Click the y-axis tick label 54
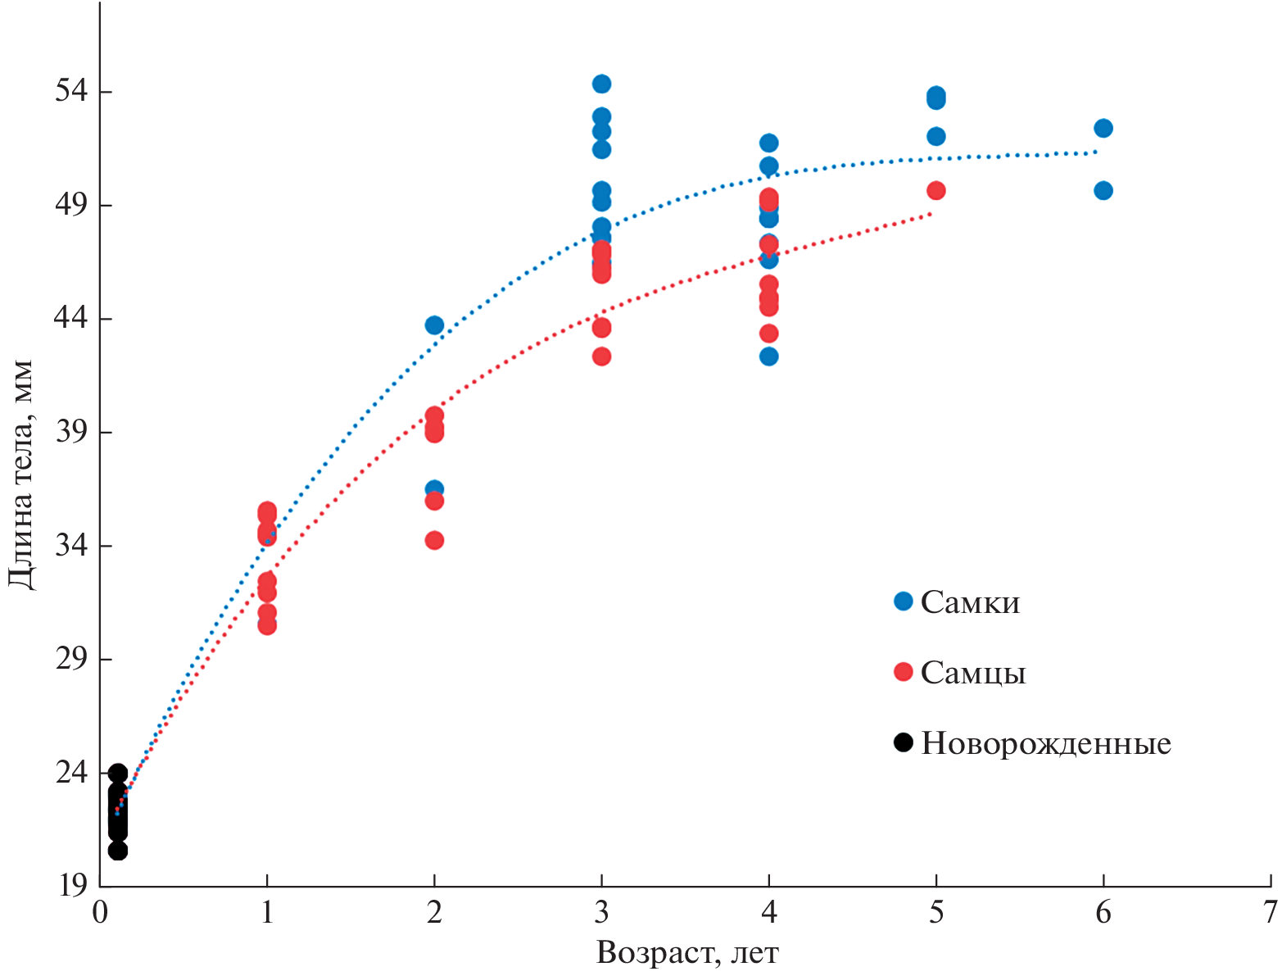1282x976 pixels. [71, 91]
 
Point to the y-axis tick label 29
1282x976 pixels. [71, 659]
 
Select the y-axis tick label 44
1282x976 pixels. [71, 318]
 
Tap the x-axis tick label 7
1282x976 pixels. [1271, 912]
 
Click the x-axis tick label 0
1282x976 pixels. [100, 912]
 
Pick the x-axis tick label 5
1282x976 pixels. [936, 912]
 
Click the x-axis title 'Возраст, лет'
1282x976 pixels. [687, 953]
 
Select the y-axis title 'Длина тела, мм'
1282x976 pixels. [21, 474]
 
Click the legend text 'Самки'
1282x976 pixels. [970, 603]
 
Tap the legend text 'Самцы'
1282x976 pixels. [973, 674]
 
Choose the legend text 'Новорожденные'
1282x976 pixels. [1046, 744]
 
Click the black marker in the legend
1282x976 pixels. [904, 743]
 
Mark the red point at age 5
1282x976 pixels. [936, 191]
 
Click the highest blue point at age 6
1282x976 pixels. [1103, 128]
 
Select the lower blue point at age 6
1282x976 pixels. [1103, 191]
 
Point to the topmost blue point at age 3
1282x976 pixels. [602, 84]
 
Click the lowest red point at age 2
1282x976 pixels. [435, 540]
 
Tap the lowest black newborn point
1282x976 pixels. [118, 851]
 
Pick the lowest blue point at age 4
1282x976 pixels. [769, 356]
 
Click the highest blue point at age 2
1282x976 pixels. [435, 325]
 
